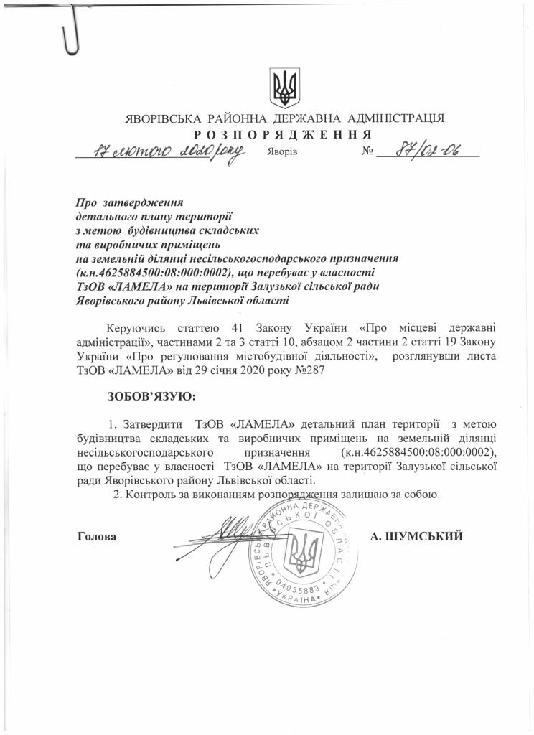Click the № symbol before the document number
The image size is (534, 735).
[x=369, y=152]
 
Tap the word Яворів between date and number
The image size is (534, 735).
[x=281, y=153]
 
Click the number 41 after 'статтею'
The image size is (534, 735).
[x=231, y=327]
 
